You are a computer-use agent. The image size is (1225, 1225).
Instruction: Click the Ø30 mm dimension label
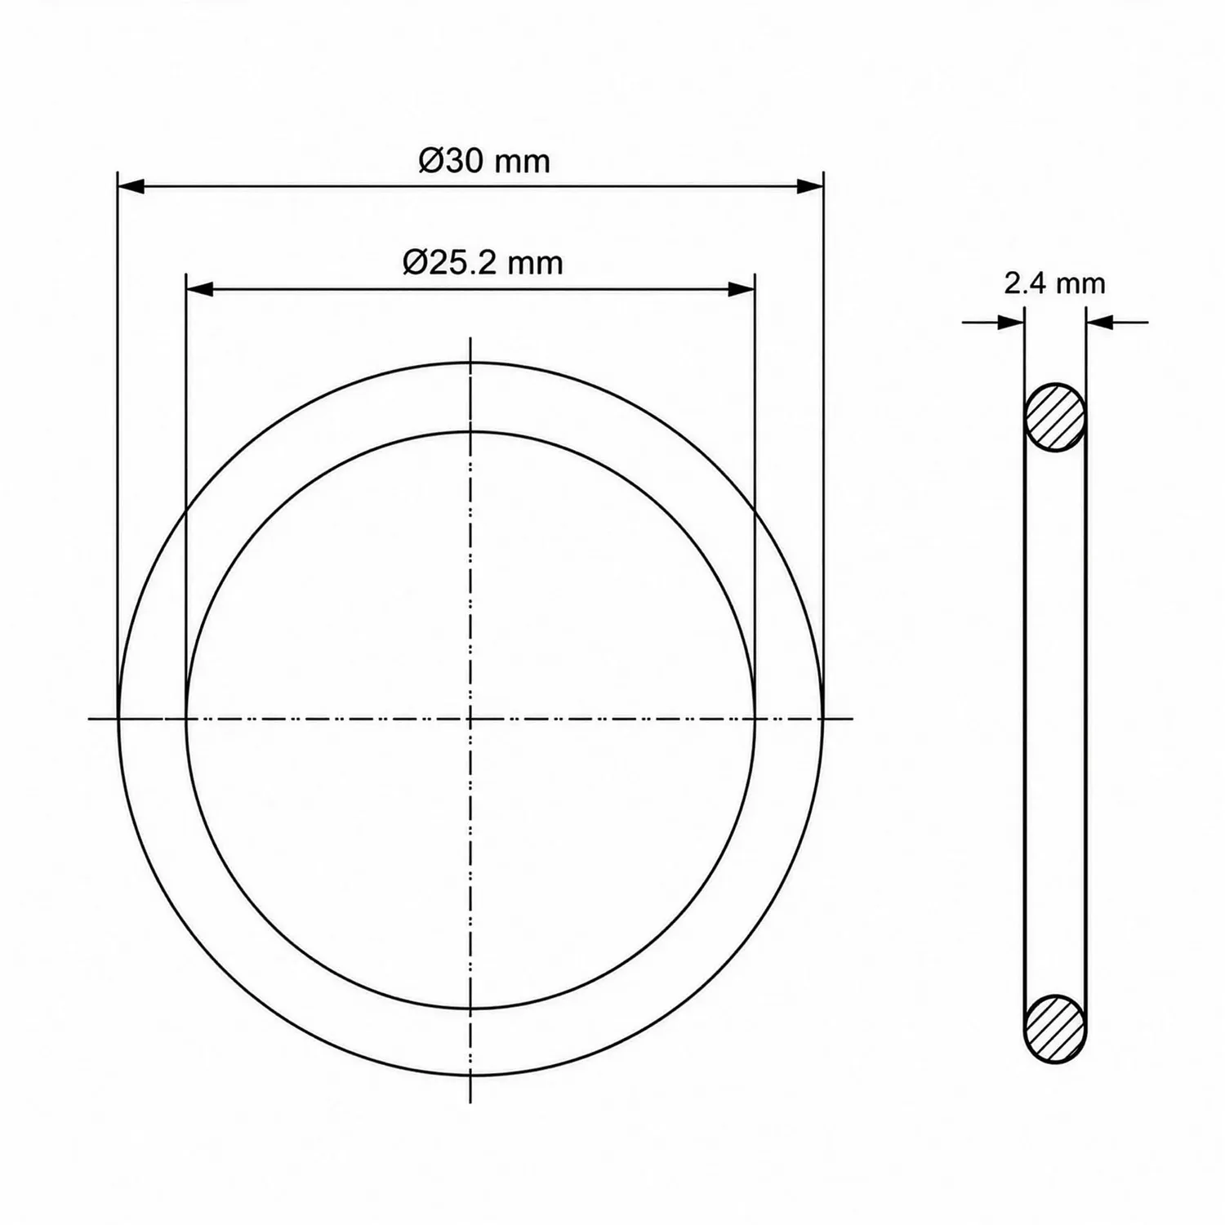(484, 161)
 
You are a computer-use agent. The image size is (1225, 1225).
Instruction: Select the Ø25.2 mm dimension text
(483, 263)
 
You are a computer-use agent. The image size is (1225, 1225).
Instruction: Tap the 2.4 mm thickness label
(1054, 283)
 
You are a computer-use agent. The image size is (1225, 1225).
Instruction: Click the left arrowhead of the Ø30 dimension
(131, 187)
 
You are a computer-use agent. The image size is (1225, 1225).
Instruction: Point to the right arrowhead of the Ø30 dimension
(809, 187)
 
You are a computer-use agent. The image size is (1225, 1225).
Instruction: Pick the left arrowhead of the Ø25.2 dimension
(200, 289)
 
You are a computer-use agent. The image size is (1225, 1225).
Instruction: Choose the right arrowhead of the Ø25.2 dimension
(741, 289)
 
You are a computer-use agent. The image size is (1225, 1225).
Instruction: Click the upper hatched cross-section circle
(1055, 417)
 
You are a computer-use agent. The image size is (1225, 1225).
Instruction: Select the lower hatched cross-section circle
(1055, 1028)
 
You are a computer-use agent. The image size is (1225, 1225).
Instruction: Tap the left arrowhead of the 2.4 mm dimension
(1012, 323)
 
